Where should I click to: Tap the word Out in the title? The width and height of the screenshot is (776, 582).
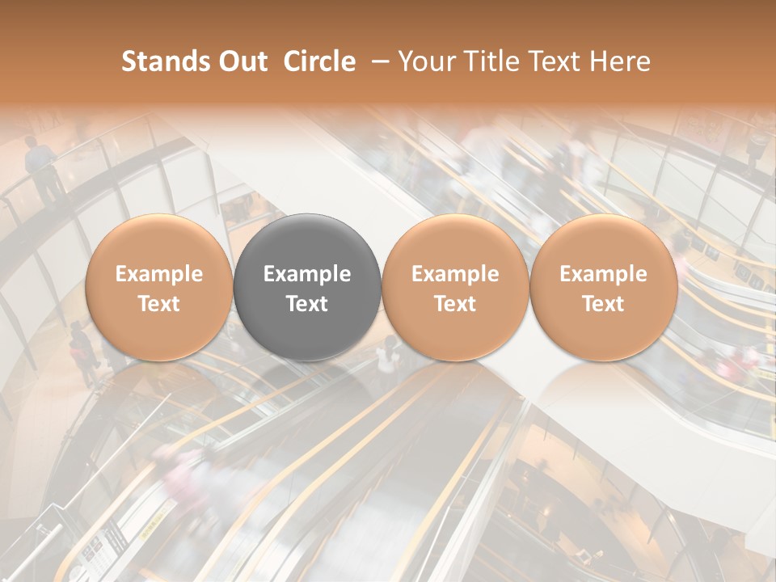click(241, 61)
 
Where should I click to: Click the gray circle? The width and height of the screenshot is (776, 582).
click(307, 287)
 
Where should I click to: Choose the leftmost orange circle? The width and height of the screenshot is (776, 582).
click(158, 287)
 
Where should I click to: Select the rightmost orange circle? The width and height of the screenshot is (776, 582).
click(603, 287)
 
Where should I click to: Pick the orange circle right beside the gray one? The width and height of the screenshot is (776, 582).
click(455, 287)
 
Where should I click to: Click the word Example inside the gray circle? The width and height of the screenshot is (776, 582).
click(307, 274)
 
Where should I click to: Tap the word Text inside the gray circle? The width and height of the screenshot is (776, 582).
click(307, 304)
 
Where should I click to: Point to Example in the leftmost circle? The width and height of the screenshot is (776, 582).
click(158, 274)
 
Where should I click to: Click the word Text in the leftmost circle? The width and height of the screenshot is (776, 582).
click(158, 304)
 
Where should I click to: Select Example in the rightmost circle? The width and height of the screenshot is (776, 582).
click(603, 274)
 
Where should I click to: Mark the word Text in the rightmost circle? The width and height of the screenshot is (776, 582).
click(603, 304)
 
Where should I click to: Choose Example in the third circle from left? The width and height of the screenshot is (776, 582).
click(455, 274)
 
